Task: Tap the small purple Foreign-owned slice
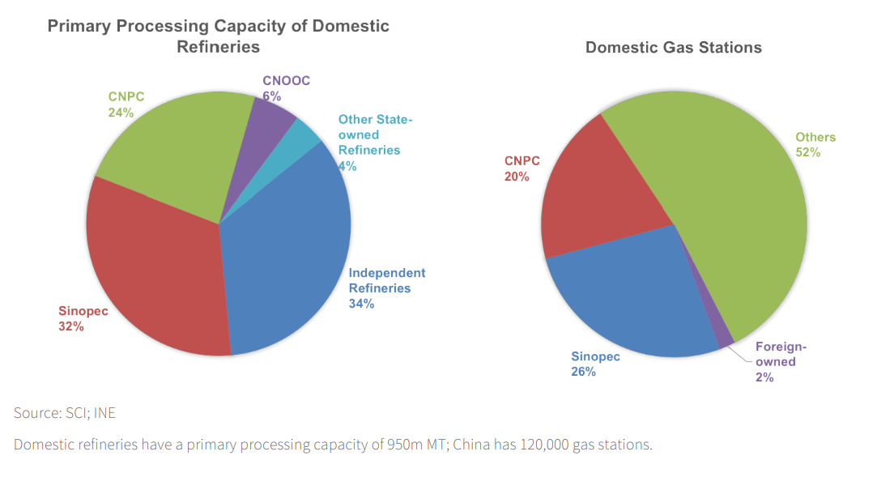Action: pos(723,334)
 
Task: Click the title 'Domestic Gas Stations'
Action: pos(673,47)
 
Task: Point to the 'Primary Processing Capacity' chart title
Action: pos(218,36)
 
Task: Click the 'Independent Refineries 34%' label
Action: pos(386,288)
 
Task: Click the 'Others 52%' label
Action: pos(815,144)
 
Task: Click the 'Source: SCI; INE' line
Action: pos(65,413)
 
